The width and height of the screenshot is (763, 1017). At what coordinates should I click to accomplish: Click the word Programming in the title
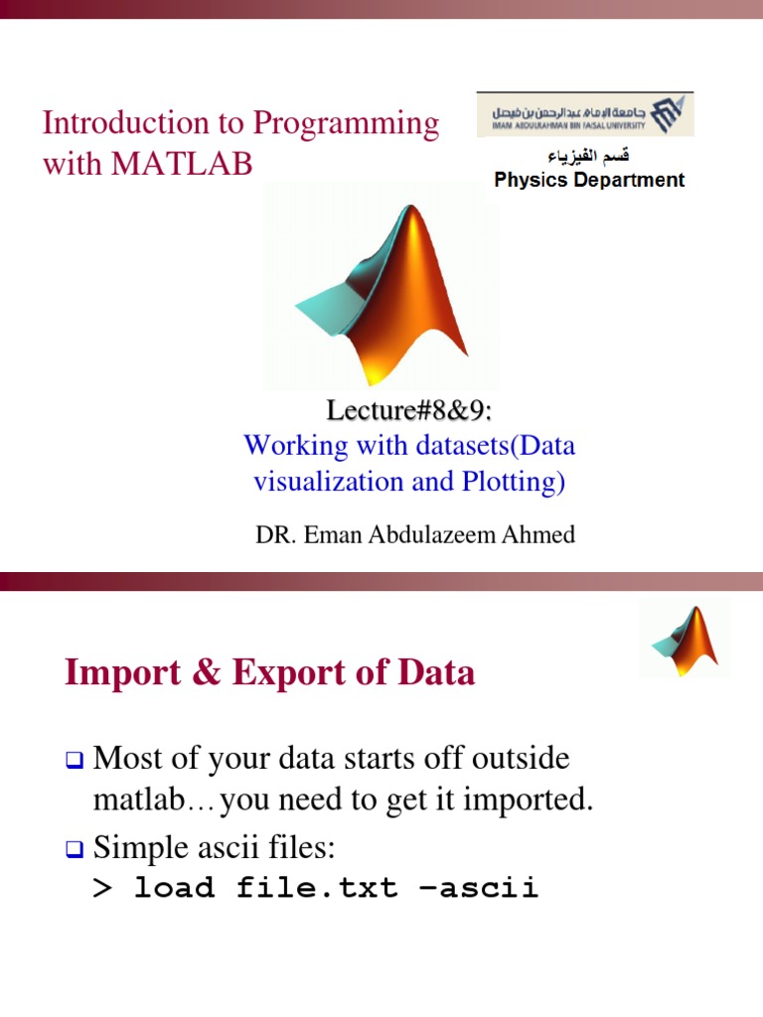coord(347,124)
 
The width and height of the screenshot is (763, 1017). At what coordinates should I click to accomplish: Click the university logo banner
coord(585,114)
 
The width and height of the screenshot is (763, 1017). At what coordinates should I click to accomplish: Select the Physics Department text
coord(589,181)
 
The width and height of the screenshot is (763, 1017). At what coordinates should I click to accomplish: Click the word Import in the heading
coord(123,673)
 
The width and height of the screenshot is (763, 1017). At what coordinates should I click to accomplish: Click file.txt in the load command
coord(317,888)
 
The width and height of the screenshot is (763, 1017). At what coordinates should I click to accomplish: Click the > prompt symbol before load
coord(101,888)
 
